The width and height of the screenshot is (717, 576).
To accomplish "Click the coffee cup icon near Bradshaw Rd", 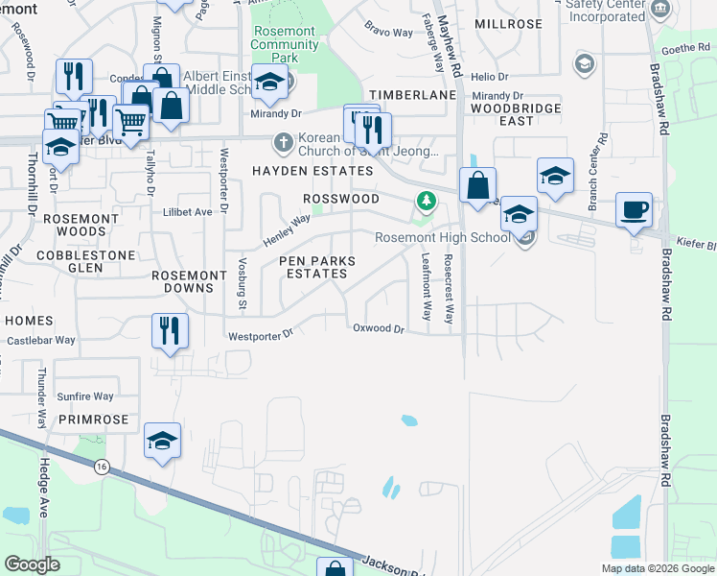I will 634,210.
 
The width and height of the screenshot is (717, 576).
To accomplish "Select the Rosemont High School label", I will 442,237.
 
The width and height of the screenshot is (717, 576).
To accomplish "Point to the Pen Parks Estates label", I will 316,267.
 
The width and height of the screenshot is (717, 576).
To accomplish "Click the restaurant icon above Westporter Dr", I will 171,331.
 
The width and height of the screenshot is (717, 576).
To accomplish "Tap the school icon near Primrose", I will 163,442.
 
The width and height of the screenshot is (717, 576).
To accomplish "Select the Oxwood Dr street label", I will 380,328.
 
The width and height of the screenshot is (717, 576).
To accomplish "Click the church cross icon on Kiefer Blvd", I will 283,142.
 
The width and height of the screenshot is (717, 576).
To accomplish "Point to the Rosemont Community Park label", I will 284,44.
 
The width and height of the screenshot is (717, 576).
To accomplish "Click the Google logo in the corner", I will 33,564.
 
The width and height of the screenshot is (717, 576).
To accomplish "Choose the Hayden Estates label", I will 312,171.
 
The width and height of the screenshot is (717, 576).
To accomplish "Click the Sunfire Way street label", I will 85,396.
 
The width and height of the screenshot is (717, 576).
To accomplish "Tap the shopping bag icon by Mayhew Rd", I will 477,184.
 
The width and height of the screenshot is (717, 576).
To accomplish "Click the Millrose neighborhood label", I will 508,23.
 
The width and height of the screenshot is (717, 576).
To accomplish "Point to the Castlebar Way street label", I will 41,340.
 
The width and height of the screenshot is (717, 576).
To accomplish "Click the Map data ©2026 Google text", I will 657,568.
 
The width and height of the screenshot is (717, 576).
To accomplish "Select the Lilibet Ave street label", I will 187,211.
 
